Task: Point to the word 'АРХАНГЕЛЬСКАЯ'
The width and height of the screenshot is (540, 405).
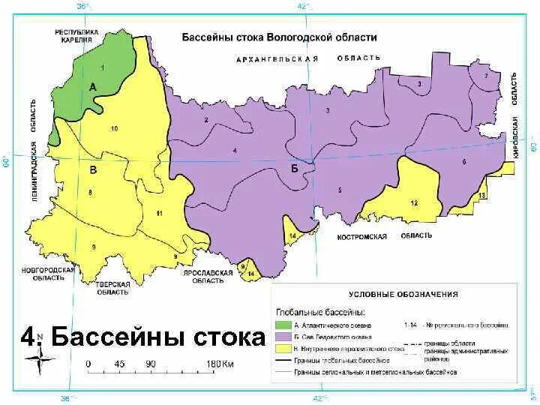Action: tap(277, 58)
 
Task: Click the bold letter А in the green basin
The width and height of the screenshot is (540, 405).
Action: tap(93, 87)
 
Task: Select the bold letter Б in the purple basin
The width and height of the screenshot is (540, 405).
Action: tap(295, 169)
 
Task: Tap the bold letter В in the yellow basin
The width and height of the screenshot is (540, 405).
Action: tap(93, 171)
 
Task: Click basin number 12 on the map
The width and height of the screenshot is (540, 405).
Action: tap(413, 203)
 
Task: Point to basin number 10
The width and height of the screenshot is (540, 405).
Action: tap(114, 129)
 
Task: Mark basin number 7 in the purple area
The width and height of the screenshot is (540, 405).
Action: tap(486, 76)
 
